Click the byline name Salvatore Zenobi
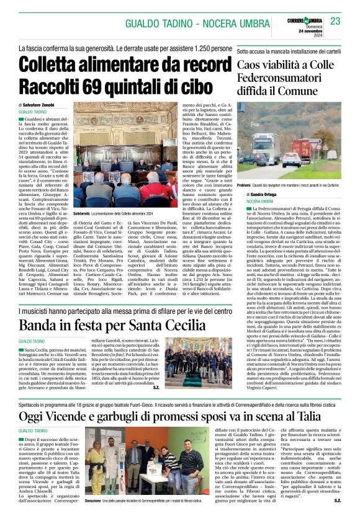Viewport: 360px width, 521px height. [51, 107]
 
